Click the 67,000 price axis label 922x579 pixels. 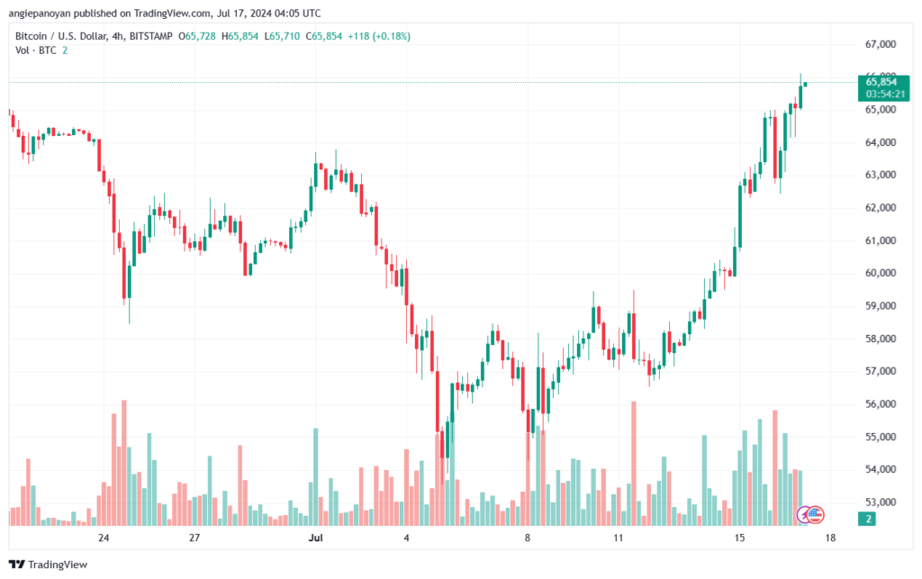click(x=881, y=44)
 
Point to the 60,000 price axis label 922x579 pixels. click(x=881, y=273)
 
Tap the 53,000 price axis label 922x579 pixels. click(x=881, y=502)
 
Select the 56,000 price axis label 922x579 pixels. click(x=881, y=403)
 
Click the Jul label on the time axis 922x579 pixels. click(x=316, y=538)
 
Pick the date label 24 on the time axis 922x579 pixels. click(x=104, y=538)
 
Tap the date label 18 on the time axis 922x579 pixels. click(x=829, y=538)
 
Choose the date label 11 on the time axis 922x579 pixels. click(x=618, y=538)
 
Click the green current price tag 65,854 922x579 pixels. click(x=881, y=82)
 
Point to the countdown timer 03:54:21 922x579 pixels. click(x=885, y=94)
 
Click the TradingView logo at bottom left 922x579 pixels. click(x=49, y=565)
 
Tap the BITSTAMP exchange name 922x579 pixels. click(x=150, y=36)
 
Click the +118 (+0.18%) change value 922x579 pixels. click(x=379, y=36)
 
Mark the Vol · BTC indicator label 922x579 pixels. click(x=36, y=50)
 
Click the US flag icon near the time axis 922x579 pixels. click(x=815, y=515)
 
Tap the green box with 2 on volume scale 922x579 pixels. click(x=867, y=519)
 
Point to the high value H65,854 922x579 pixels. click(x=240, y=36)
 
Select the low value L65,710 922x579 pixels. click(x=282, y=36)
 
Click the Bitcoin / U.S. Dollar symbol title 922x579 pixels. click(x=61, y=36)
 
